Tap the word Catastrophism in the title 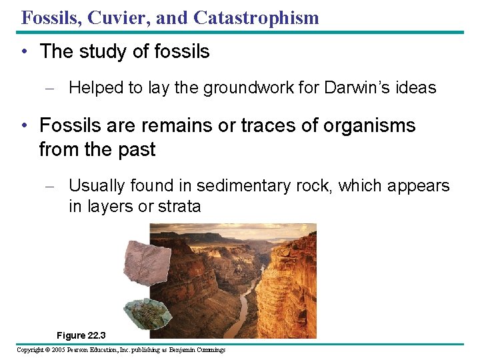click(257, 17)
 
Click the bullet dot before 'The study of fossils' click(24, 52)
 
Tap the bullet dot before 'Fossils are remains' click(24, 125)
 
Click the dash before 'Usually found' click(55, 186)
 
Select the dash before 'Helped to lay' click(55, 88)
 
